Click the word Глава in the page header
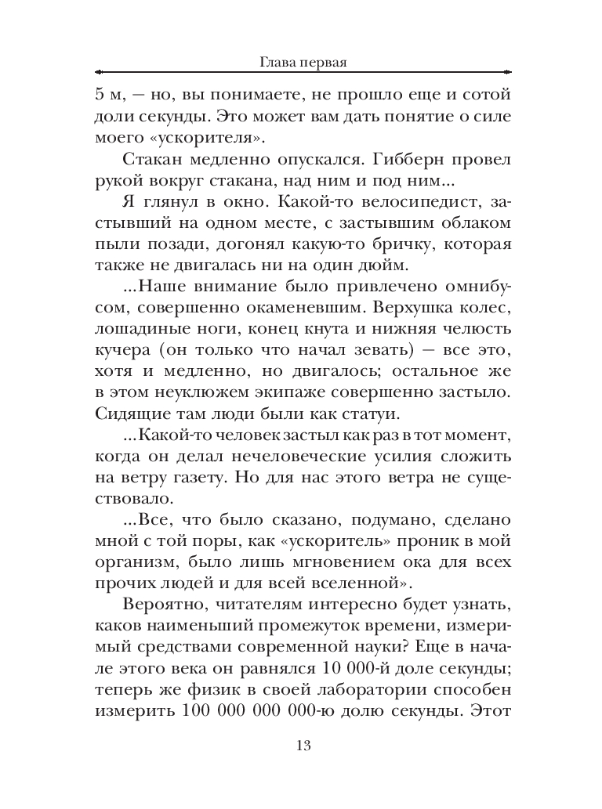point(274,61)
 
